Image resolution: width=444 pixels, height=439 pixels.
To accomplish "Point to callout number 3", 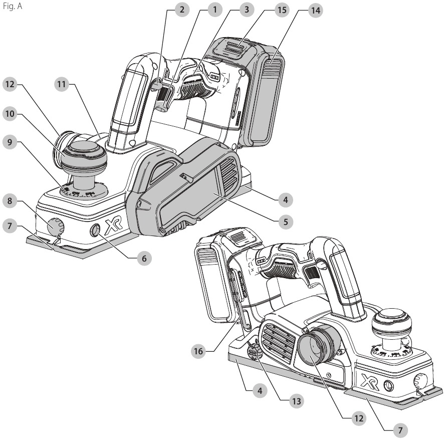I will pyautogui.click(x=246, y=10).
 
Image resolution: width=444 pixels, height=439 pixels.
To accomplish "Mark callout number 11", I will pyautogui.click(x=62, y=85).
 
